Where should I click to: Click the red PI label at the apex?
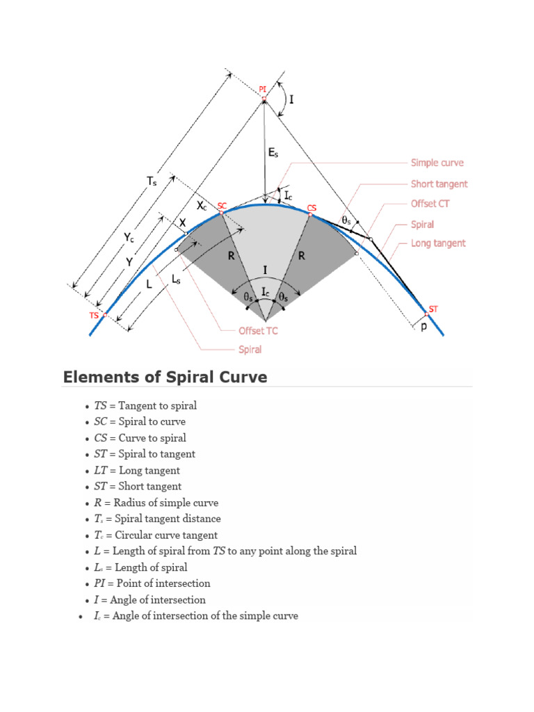pos(262,89)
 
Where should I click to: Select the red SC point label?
pos(222,206)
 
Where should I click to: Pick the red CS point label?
pos(311,208)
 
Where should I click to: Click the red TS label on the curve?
pos(94,315)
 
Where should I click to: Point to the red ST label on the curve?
pos(434,308)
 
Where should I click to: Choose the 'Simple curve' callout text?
pos(437,163)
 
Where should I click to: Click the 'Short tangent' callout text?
pos(439,184)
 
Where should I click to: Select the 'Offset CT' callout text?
pos(432,204)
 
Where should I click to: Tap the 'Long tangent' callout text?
pos(438,243)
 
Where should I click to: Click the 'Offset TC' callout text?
pos(258,331)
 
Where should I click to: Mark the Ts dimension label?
pos(152,181)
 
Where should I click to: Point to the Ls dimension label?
pos(177,278)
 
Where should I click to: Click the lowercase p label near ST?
pos(424,325)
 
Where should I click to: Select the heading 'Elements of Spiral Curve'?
pos(165,377)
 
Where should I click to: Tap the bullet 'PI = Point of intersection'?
pos(152,583)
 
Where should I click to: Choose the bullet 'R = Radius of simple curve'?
pos(156,503)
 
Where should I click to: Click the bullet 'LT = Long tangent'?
pos(136,470)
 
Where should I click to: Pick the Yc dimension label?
pos(129,238)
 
